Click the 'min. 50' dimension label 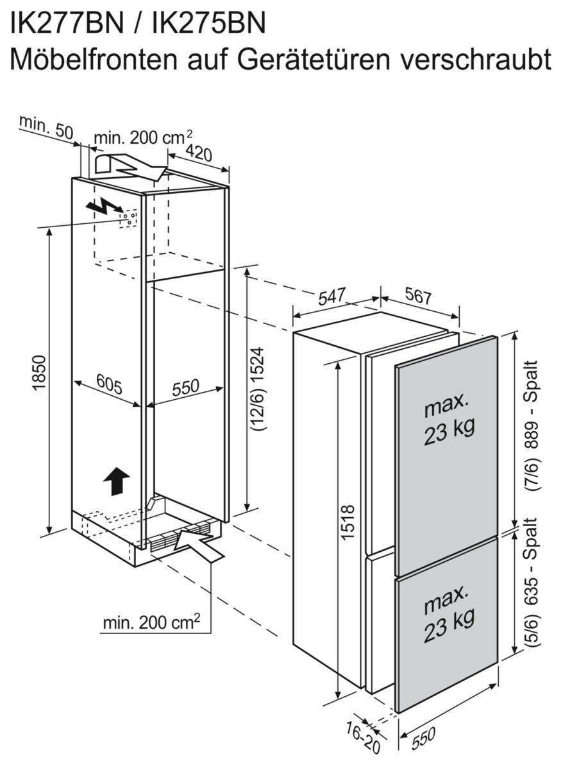pos(46,126)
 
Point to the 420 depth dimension pos(199,153)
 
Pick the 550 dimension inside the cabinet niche pos(185,387)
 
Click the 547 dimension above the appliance pos(333,296)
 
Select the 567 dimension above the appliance pos(418,297)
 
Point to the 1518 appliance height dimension pos(348,523)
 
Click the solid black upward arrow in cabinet pos(116,481)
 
